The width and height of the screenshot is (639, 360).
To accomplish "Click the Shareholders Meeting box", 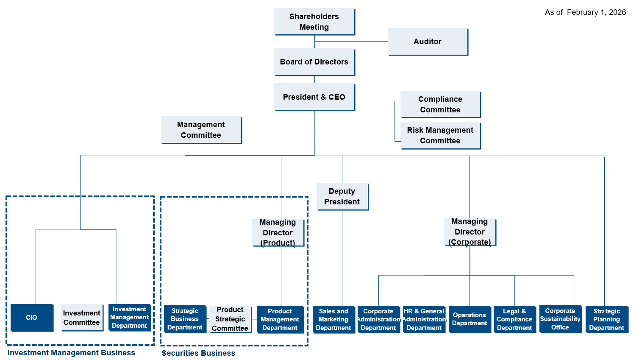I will (x=314, y=22).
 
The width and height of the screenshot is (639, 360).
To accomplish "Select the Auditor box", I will (x=428, y=42).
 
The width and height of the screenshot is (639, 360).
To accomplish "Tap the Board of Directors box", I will (x=314, y=62).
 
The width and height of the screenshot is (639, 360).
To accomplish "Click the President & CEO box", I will (x=314, y=97).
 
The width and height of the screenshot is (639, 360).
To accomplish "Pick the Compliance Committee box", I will (x=440, y=104).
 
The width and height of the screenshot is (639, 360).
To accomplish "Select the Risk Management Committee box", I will (x=440, y=135).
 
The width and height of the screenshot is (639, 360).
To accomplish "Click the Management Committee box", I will (x=201, y=130).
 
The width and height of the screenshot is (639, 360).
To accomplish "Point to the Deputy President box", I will (x=342, y=196).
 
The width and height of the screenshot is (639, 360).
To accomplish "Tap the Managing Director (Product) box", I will (x=278, y=232).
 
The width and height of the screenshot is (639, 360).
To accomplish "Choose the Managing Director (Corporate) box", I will (x=470, y=232).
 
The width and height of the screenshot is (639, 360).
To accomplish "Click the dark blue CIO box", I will (x=32, y=318).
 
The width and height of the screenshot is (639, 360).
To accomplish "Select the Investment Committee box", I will (x=82, y=318).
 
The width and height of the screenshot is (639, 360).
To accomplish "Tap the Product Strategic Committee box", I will (x=230, y=319).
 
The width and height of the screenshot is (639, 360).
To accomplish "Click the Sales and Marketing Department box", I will (x=333, y=319).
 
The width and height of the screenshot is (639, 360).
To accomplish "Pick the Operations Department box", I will (x=470, y=319).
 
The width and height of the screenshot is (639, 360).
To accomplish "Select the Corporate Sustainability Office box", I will (x=560, y=319).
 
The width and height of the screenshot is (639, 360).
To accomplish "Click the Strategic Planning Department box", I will (x=607, y=319).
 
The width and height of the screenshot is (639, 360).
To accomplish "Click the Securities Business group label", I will (x=198, y=353).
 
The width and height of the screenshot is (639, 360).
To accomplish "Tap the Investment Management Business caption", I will (x=71, y=353).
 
